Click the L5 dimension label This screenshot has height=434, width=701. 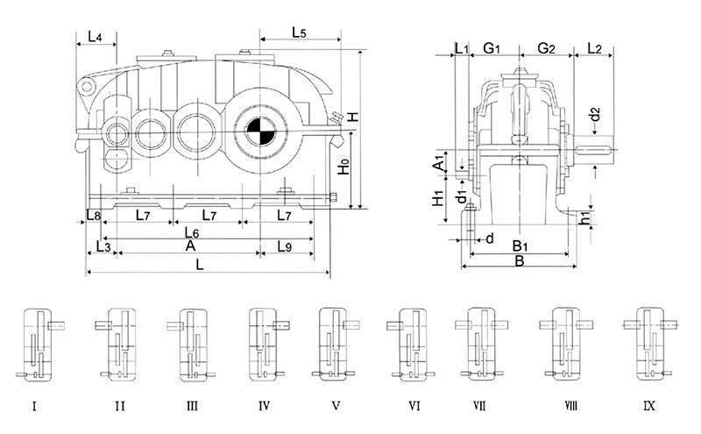tap(297, 34)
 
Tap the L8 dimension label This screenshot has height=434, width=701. tap(94, 215)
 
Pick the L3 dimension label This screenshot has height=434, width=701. tap(102, 247)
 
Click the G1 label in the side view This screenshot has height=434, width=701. tap(492, 48)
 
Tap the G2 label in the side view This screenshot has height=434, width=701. tap(546, 48)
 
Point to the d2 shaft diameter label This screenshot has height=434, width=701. tap(594, 114)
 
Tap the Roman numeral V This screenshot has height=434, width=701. tap(336, 406)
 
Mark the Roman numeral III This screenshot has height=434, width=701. tap(192, 406)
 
